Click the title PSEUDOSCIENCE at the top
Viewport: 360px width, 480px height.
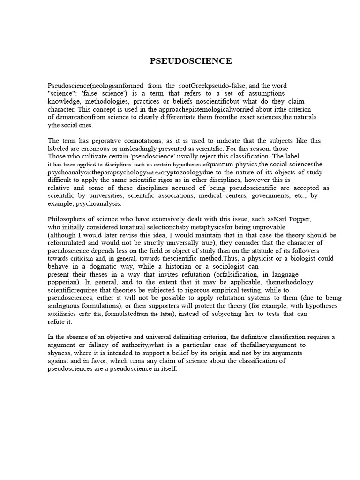point(191,61)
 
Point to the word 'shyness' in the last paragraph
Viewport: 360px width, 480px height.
point(59,352)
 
